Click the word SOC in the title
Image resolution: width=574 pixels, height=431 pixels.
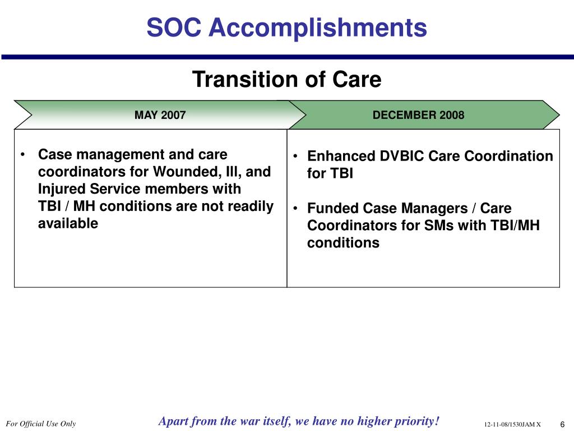pyautogui.click(x=174, y=27)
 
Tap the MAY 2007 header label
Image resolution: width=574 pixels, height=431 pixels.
pyautogui.click(x=160, y=115)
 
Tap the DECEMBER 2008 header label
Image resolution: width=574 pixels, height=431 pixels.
pyautogui.click(x=418, y=115)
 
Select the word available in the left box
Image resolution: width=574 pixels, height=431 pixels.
pyautogui.click(x=68, y=223)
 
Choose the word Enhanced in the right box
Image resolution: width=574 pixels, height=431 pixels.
pyautogui.click(x=341, y=156)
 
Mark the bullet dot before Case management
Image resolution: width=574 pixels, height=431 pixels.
pyautogui.click(x=23, y=155)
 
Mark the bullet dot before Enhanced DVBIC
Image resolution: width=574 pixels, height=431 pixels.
pyautogui.click(x=295, y=156)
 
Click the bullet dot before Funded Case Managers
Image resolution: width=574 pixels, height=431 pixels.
pyautogui.click(x=295, y=208)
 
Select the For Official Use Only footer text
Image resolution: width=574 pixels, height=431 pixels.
pyautogui.click(x=40, y=424)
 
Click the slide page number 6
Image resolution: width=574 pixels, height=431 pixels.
pyautogui.click(x=563, y=424)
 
